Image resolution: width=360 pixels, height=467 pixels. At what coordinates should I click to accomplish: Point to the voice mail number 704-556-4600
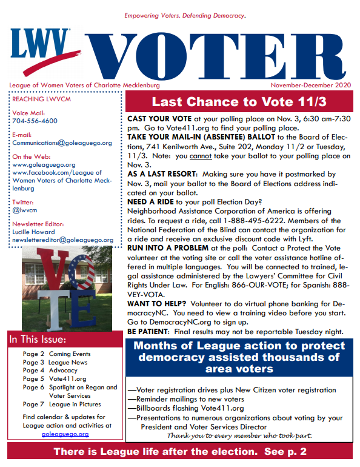(x=35, y=121)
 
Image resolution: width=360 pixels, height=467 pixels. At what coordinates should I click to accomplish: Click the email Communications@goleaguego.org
(x=62, y=143)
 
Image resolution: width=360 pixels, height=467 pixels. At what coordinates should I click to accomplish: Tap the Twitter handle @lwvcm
(x=24, y=210)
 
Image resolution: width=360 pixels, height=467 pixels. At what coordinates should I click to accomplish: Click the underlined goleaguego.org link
(x=65, y=434)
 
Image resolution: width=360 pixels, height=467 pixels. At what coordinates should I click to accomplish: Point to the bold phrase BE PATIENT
(x=148, y=332)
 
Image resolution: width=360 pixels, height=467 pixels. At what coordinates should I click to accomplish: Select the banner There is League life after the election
(x=180, y=451)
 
